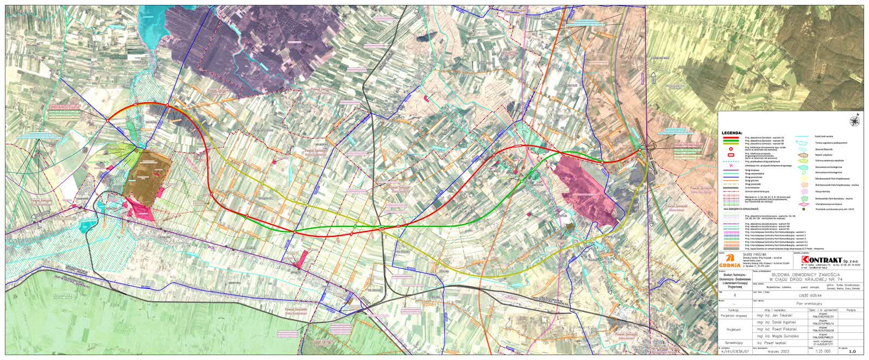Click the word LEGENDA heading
tap(732, 132)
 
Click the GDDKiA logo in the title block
tap(729, 260)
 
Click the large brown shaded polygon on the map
tap(148, 174)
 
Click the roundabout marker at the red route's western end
tap(109, 119)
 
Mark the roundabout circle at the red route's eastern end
tap(641, 149)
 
